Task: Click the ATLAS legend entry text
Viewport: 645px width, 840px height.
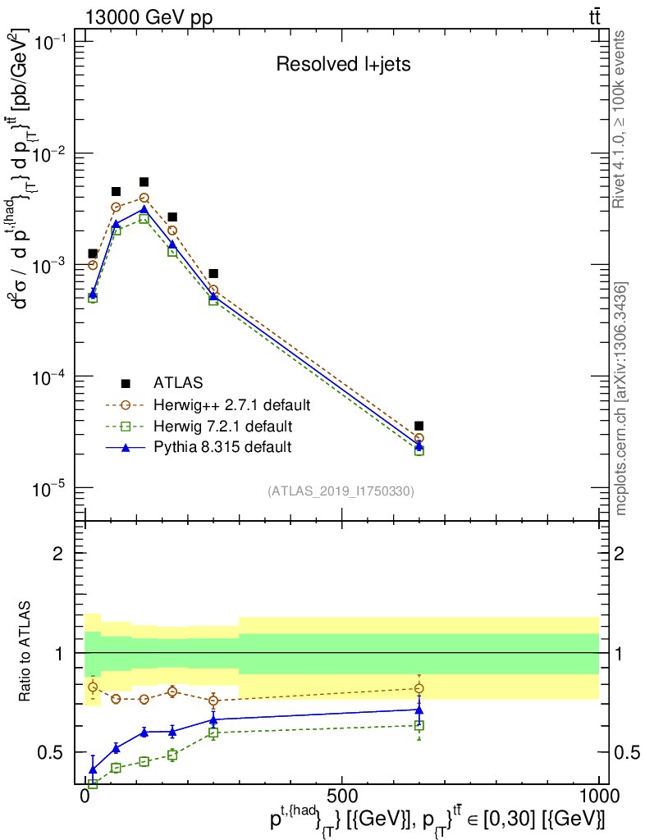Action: [x=178, y=382]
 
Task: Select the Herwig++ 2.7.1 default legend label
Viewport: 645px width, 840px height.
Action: [x=231, y=404]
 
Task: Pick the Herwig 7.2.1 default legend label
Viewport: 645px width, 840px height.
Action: [x=223, y=427]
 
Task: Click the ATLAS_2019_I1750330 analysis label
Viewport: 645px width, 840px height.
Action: [x=341, y=491]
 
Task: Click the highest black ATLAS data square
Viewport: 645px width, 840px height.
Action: [x=144, y=182]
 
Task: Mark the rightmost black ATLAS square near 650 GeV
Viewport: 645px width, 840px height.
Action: [x=419, y=426]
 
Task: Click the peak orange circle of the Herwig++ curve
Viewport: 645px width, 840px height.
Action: [x=144, y=198]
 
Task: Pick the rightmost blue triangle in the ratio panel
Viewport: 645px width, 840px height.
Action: [x=419, y=710]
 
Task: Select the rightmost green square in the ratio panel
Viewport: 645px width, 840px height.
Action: [x=419, y=725]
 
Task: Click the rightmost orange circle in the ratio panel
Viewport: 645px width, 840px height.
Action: [x=419, y=688]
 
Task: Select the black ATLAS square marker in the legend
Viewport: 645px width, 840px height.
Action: [x=126, y=382]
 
